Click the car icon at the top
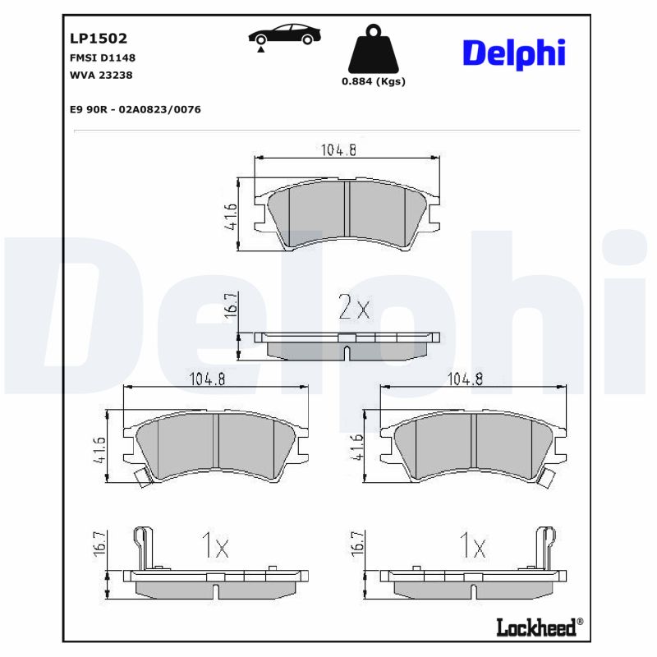click(x=284, y=36)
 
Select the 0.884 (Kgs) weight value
click(x=373, y=81)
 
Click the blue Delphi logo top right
click(x=513, y=52)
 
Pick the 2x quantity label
click(x=355, y=308)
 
